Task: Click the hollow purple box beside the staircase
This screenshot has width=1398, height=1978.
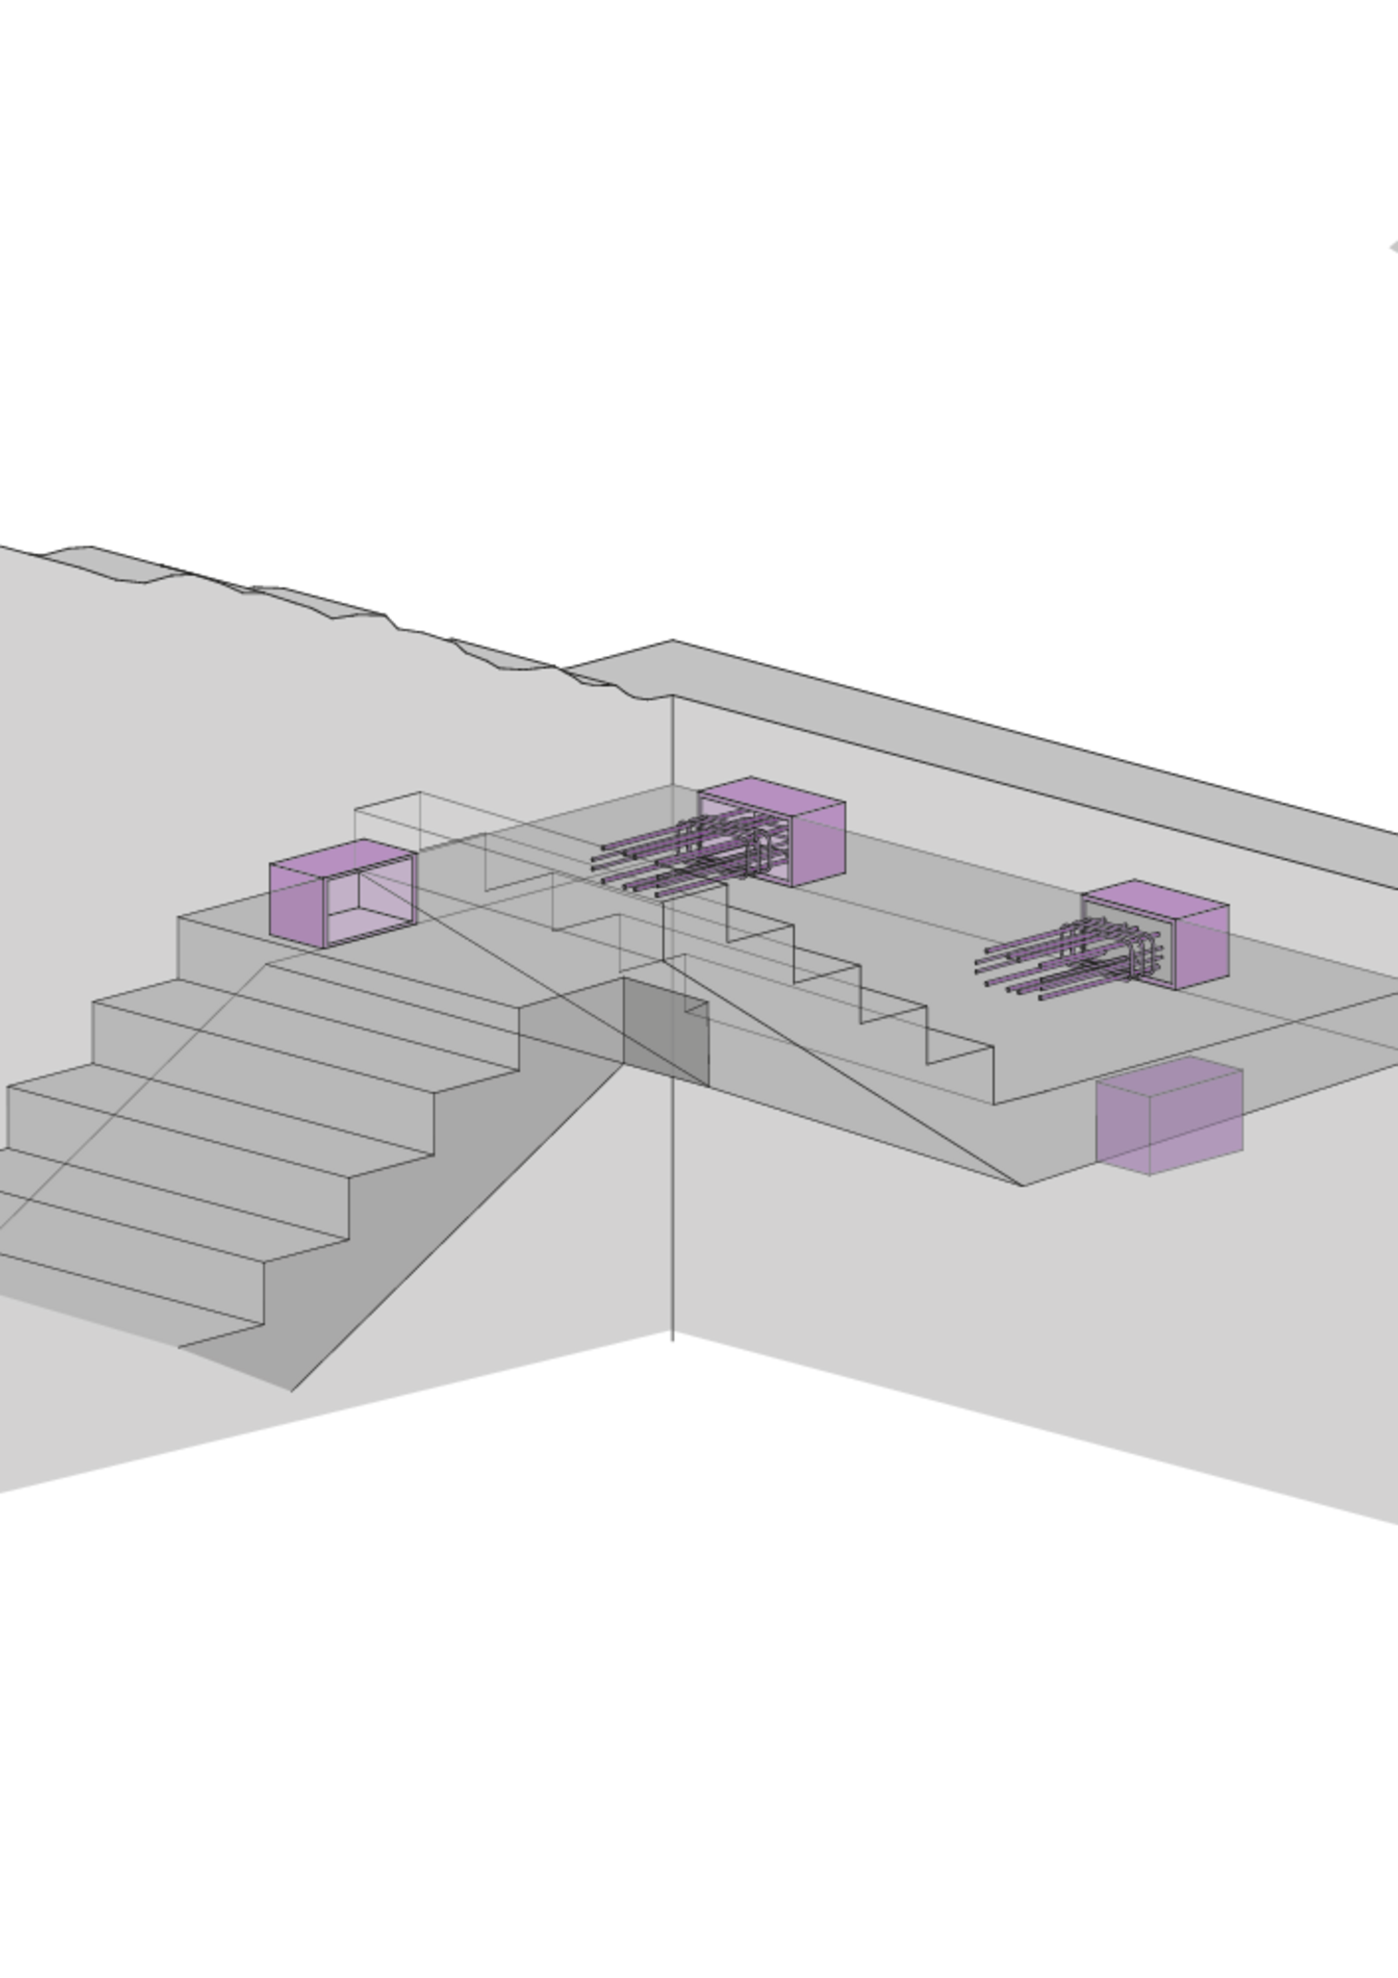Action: click(x=344, y=893)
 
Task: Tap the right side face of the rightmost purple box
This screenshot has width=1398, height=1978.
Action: click(x=1200, y=948)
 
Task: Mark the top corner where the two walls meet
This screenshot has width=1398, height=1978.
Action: click(x=672, y=696)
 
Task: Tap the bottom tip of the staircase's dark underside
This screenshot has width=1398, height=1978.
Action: click(x=291, y=1389)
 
